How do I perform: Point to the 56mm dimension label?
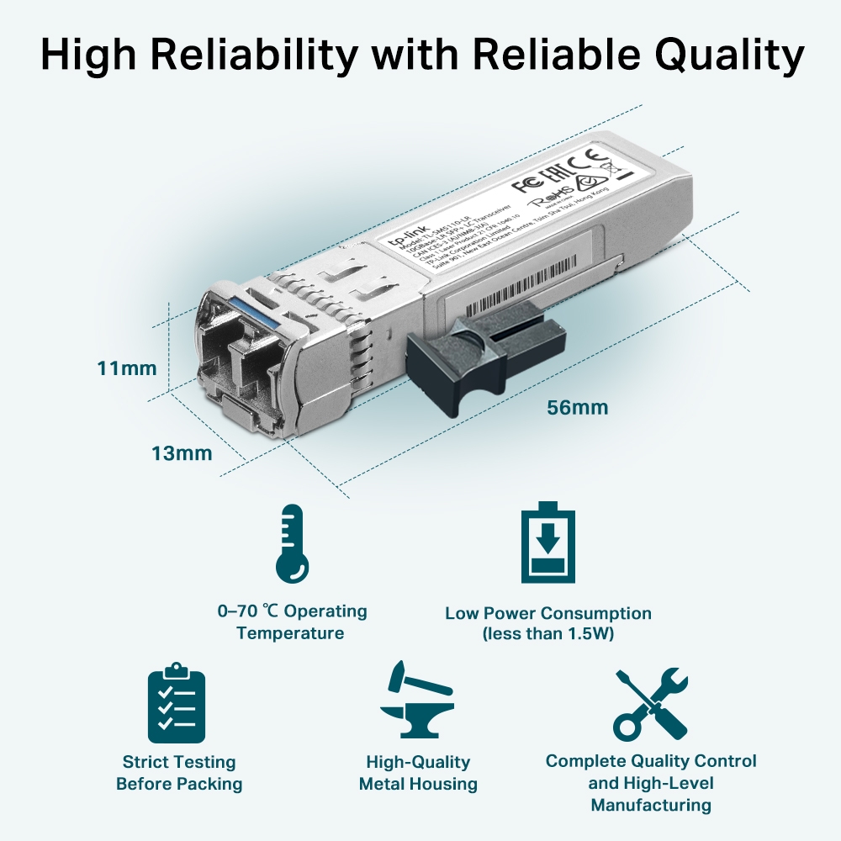click(577, 408)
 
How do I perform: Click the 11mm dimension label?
click(127, 368)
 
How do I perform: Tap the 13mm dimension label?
click(182, 453)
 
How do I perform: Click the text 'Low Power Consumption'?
click(548, 613)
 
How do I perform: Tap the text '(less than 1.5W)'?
click(548, 633)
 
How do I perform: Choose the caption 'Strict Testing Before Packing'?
click(179, 773)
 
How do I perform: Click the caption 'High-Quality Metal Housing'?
click(418, 773)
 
